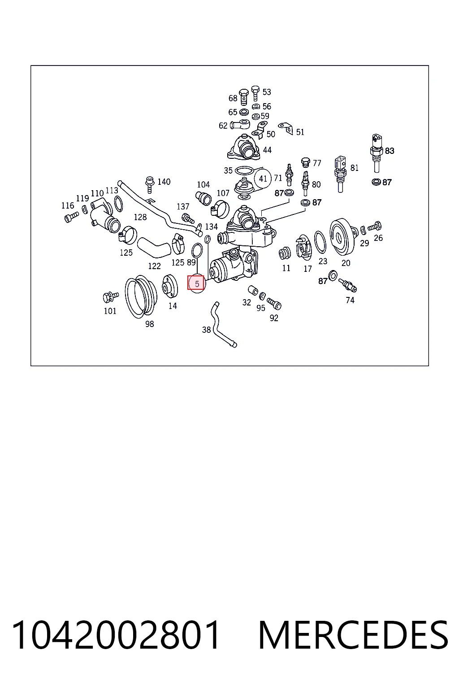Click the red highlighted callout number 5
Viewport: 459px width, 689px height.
point(196,283)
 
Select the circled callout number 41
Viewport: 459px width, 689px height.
point(263,179)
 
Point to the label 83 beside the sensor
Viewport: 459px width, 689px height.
point(390,151)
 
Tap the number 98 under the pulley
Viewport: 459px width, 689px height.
point(149,324)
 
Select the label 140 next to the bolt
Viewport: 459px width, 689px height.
point(164,182)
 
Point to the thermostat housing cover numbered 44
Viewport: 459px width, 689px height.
point(244,148)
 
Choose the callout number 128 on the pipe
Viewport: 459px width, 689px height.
point(140,217)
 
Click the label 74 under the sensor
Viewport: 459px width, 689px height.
point(350,300)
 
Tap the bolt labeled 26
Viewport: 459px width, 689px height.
point(374,227)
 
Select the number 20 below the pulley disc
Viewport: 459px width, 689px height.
point(346,263)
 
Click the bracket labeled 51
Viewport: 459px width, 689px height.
point(286,128)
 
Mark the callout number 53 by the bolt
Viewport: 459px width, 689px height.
point(267,92)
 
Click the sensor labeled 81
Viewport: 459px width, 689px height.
point(340,174)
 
